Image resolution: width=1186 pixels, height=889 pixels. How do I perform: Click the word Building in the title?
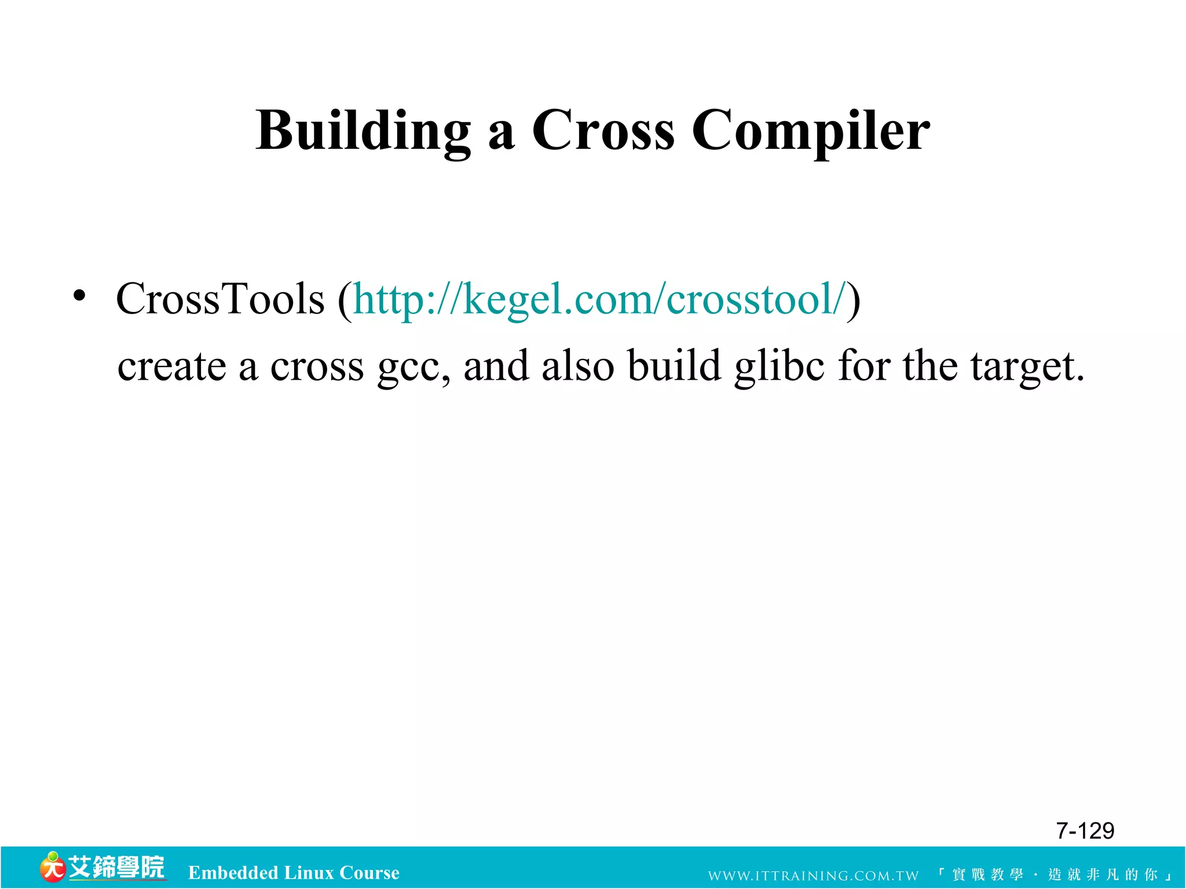click(x=363, y=131)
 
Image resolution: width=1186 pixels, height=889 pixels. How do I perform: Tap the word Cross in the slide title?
click(x=602, y=131)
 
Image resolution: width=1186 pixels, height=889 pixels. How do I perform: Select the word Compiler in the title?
click(x=810, y=131)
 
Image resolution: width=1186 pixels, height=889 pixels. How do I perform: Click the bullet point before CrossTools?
click(x=79, y=296)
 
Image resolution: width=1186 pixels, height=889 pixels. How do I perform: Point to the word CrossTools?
click(x=220, y=299)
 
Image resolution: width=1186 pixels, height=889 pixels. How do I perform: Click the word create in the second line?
click(x=171, y=366)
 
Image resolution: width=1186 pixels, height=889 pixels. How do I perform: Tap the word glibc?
click(x=779, y=366)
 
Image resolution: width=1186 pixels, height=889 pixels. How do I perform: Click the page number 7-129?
click(x=1085, y=831)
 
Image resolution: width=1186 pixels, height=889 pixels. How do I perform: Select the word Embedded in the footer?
click(x=233, y=873)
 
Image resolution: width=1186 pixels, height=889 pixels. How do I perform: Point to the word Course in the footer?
click(x=369, y=873)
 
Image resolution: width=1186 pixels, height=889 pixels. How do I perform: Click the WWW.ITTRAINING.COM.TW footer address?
click(x=813, y=876)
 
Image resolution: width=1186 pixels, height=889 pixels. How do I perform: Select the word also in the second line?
click(x=577, y=366)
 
